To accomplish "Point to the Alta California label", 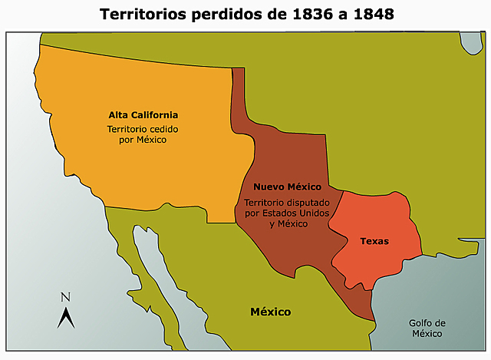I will [x=149, y=114].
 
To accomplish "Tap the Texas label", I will [x=374, y=241].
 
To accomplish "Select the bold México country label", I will [x=270, y=312].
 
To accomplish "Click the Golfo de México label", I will [x=427, y=328].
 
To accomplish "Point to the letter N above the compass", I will [x=65, y=297].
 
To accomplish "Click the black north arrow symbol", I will [x=65, y=316].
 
